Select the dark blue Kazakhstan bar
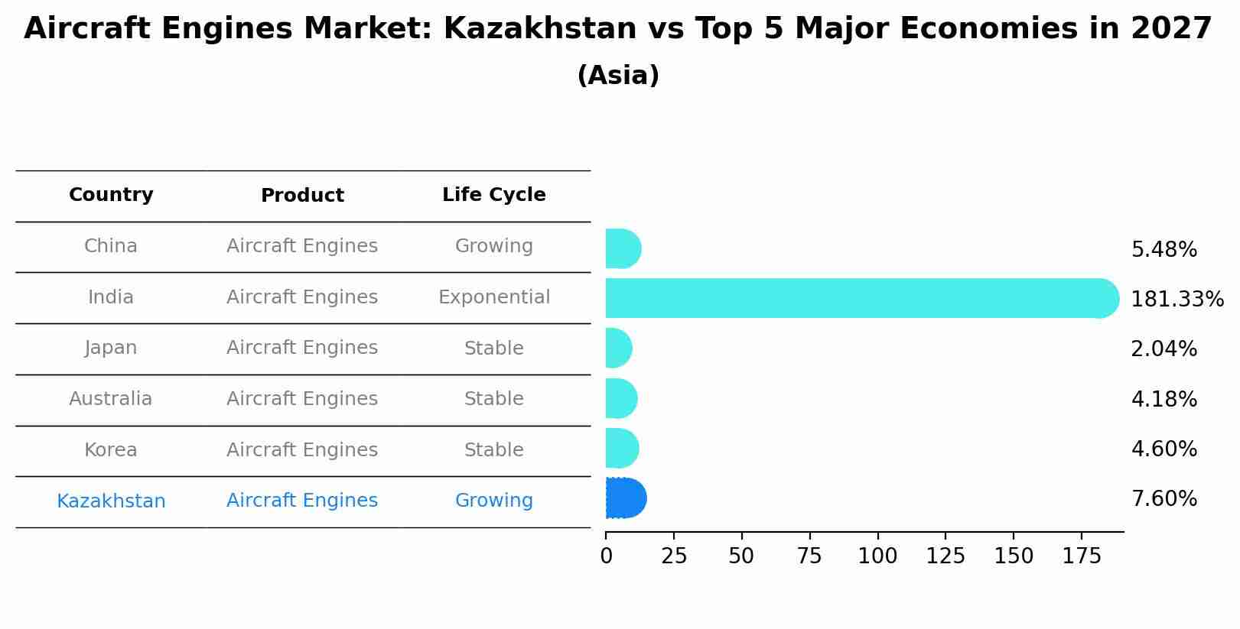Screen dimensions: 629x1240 point(625,498)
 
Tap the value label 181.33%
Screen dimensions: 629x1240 point(1177,300)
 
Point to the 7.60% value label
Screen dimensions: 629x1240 point(1164,499)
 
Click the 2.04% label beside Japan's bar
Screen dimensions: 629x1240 point(1164,349)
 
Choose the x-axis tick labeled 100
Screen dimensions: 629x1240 point(877,556)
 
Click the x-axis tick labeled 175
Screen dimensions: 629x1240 point(1081,556)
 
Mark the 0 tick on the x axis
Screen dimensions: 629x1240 point(606,556)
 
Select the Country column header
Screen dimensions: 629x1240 point(111,195)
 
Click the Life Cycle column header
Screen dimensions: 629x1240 point(493,195)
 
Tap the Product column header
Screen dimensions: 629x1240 point(302,196)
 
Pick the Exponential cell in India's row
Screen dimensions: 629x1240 point(493,297)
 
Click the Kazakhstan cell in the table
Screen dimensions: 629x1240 point(111,501)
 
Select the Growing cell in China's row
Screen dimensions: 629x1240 point(493,246)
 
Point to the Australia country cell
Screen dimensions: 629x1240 point(111,399)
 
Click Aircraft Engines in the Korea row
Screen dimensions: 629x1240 point(302,450)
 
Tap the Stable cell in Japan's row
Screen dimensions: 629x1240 point(493,349)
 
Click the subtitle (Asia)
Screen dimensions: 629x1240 point(618,76)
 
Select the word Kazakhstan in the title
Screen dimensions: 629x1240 point(539,29)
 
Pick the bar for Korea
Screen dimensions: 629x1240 point(621,449)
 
